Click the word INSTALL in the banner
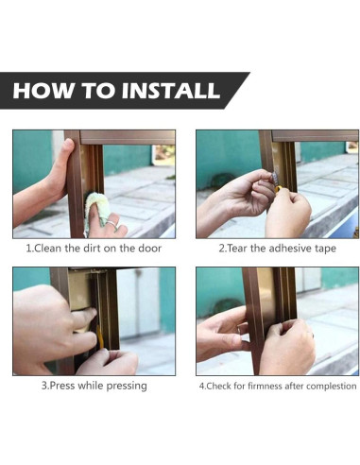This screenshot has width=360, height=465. tap(171, 91)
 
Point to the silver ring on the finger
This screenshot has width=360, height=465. tap(112, 224)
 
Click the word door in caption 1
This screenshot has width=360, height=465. tap(150, 249)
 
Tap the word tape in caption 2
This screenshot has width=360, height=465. tap(325, 249)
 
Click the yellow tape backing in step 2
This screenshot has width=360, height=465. tap(279, 189)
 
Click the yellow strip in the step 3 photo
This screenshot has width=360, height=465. tap(99, 337)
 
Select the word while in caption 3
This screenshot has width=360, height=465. tap(91, 386)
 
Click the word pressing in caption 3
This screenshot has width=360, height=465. tap(127, 387)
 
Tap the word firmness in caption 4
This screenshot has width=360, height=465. tap(265, 386)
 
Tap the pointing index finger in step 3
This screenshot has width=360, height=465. tap(84, 316)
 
